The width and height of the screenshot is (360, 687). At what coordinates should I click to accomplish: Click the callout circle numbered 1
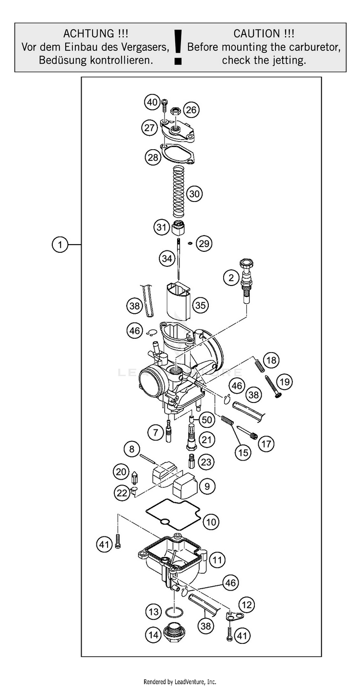point(60,245)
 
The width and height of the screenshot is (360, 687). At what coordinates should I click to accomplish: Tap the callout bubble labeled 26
point(191,110)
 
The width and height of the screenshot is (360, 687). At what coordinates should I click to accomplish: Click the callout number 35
point(200,305)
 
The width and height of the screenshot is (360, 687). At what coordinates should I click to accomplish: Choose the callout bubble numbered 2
point(231,277)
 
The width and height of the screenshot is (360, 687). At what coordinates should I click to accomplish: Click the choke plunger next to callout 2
point(247,281)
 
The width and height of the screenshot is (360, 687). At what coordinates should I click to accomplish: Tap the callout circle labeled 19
point(285,382)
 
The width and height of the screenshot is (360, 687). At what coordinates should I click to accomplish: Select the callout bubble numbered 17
point(266,444)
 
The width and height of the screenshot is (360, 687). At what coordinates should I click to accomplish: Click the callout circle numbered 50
point(207,420)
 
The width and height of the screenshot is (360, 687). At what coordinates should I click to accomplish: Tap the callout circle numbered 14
point(153,635)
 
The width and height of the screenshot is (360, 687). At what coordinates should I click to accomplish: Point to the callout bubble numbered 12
point(246,604)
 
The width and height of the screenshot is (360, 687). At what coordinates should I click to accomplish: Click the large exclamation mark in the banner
point(178,47)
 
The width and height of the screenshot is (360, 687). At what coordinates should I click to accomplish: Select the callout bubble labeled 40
point(152,102)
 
